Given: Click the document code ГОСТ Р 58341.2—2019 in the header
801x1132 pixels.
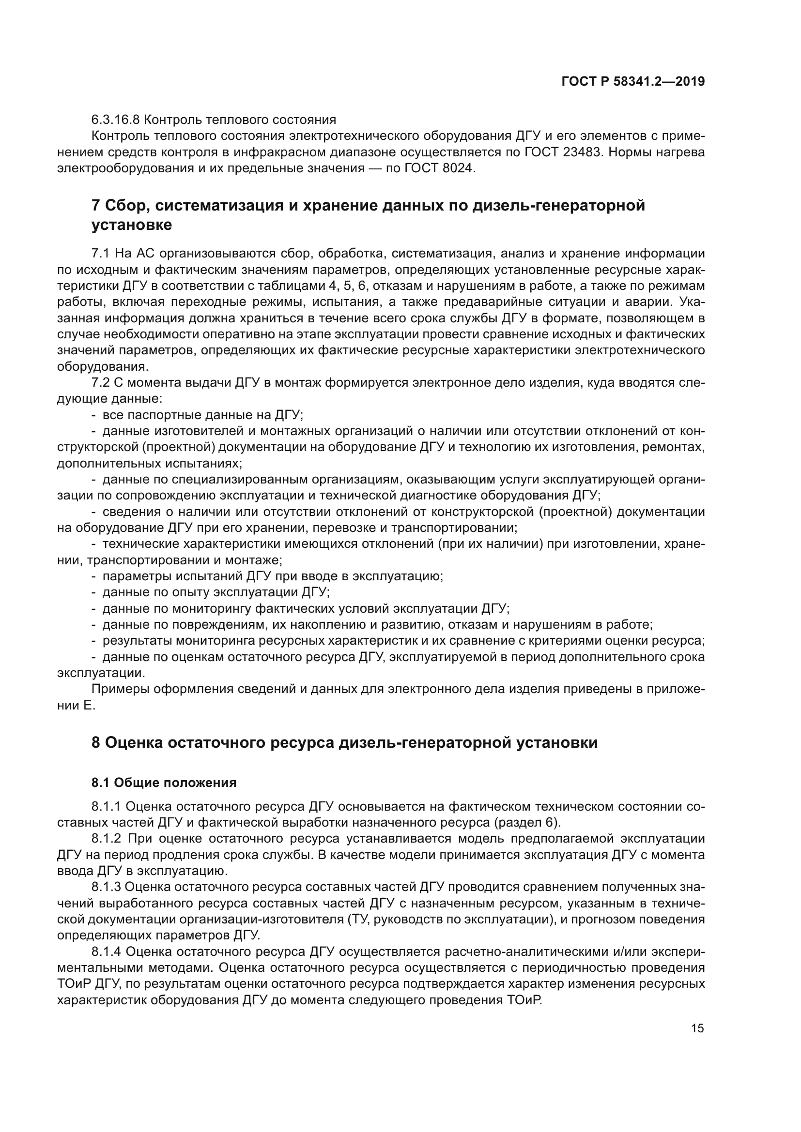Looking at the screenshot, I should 633,81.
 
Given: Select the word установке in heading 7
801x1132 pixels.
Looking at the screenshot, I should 132,225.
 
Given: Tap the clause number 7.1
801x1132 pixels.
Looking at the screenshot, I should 100,254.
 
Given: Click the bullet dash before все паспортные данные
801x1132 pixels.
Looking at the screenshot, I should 94,415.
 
